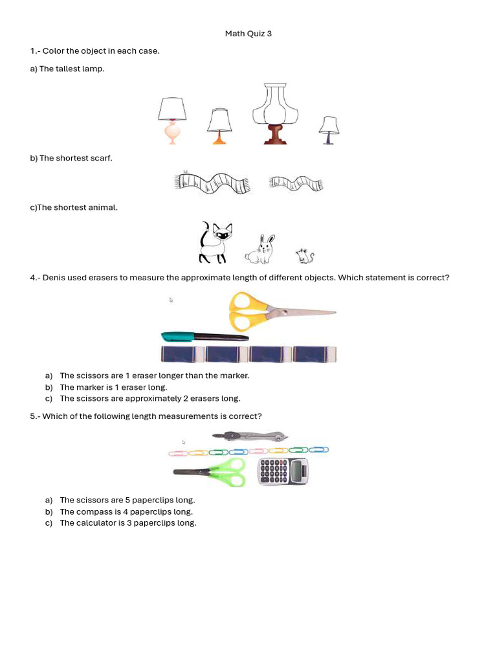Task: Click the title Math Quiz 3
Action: [248, 34]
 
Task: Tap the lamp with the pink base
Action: [172, 120]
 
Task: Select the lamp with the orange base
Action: [219, 126]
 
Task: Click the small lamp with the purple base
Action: [329, 129]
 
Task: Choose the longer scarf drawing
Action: [212, 182]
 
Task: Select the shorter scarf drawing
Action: [296, 183]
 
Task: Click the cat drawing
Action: [214, 242]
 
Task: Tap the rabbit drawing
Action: [260, 250]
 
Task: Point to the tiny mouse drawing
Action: [305, 256]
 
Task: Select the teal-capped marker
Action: [204, 337]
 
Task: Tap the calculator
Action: [283, 471]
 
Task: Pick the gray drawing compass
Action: [250, 436]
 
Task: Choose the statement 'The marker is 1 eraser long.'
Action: [113, 387]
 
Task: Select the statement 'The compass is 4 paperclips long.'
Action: [126, 511]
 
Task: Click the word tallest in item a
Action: [68, 69]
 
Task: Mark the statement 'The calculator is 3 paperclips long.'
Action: [128, 523]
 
